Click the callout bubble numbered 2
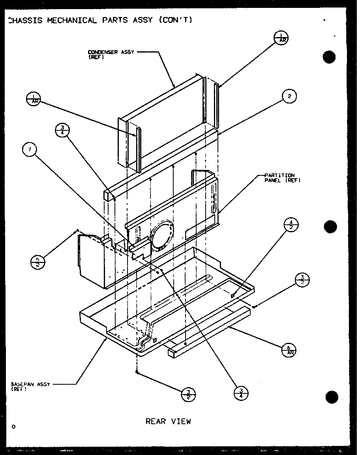289,96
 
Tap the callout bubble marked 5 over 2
37,262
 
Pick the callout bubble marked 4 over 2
291,224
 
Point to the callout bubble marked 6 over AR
289,349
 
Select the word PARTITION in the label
279,175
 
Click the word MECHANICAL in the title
71,20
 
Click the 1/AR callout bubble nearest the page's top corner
281,38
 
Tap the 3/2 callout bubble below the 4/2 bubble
302,280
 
